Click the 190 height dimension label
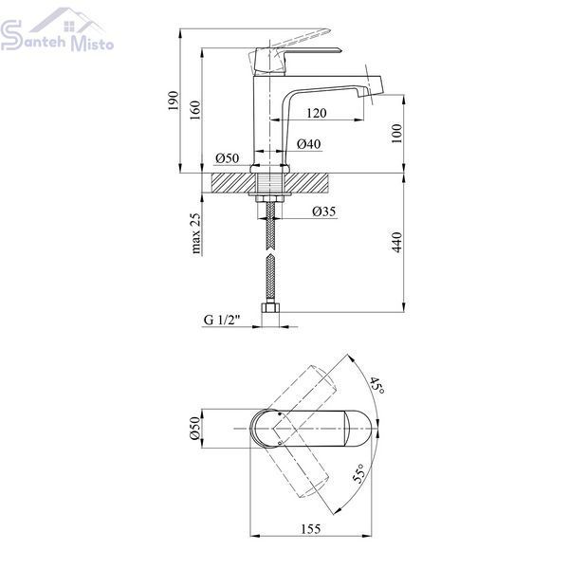coord(174,101)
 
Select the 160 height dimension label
coord(194,111)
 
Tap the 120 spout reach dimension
coord(317,113)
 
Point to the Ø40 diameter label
coord(309,144)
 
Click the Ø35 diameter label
coord(324,211)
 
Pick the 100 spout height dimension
coord(397,133)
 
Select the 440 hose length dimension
coord(397,242)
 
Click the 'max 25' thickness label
coord(195,233)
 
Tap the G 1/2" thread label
coord(223,321)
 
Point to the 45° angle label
coord(377,385)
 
